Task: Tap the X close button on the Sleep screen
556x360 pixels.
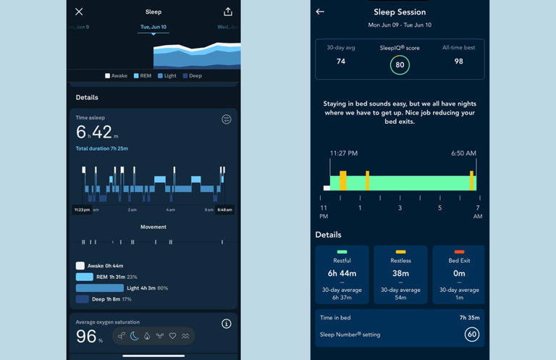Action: tap(79, 12)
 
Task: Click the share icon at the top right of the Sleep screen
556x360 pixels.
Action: tap(227, 12)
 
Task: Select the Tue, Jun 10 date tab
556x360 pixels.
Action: tap(153, 27)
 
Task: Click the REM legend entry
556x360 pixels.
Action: tap(142, 75)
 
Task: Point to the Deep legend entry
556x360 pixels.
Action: tap(192, 75)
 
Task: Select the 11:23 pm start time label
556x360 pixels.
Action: tap(82, 210)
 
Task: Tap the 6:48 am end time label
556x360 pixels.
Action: tap(224, 210)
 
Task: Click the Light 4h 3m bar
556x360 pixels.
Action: tap(100, 288)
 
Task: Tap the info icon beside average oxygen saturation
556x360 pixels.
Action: tap(226, 324)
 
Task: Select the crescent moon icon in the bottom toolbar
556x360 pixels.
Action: tap(134, 336)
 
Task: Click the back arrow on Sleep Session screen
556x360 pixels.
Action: tap(320, 12)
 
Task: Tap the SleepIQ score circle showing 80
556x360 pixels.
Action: tap(400, 64)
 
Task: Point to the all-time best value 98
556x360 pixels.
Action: tap(458, 62)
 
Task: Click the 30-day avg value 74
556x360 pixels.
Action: tap(341, 62)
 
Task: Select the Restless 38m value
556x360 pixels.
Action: tap(400, 274)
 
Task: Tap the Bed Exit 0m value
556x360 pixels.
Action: tap(459, 274)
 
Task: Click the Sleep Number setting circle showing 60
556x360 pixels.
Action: tap(472, 335)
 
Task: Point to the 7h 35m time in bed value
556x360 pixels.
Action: tap(469, 317)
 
